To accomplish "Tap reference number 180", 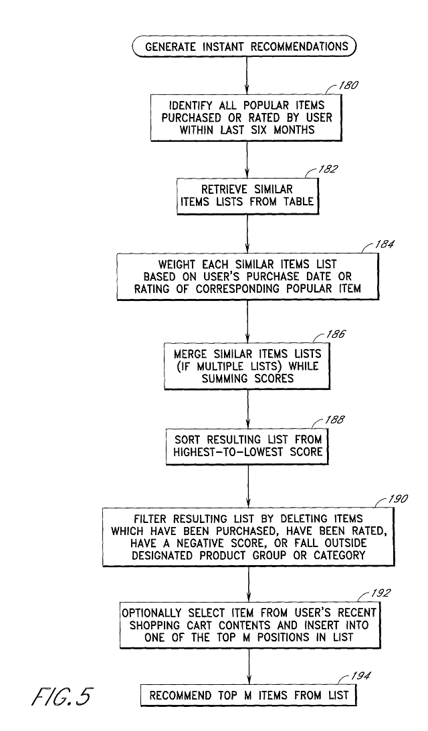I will (x=350, y=85).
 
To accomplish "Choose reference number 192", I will (x=386, y=593).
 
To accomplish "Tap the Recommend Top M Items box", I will (x=249, y=696).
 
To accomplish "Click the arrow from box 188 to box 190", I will (x=248, y=484).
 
